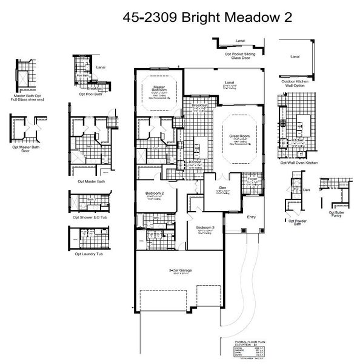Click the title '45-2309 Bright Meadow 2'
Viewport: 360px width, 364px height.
click(207, 18)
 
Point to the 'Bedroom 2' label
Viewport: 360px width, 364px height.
click(155, 194)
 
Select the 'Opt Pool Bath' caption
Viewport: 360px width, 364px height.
click(90, 95)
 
